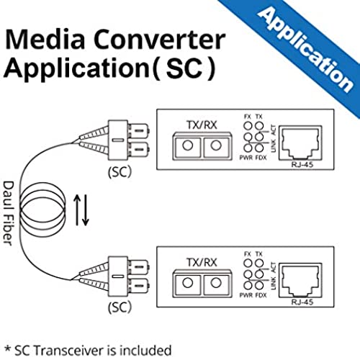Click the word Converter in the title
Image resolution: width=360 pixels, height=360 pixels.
tap(159, 40)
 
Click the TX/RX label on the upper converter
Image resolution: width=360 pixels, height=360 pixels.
tap(202, 125)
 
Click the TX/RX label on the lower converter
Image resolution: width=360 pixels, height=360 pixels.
tap(202, 262)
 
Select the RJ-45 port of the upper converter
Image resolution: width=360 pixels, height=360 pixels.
tap(300, 143)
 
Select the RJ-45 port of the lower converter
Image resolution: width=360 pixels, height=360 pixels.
tap(300, 280)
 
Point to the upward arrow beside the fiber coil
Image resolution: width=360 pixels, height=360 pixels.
tap(77, 210)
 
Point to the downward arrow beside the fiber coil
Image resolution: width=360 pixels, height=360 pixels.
tap(86, 210)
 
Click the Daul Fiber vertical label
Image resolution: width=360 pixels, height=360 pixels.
tap(9, 213)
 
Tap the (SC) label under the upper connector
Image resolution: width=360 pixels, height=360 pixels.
tap(120, 171)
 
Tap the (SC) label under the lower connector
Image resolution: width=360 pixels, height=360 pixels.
tap(120, 307)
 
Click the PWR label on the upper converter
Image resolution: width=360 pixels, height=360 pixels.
tap(246, 158)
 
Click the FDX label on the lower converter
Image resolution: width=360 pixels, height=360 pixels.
tap(261, 295)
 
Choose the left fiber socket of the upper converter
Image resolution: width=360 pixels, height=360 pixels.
tap(187, 145)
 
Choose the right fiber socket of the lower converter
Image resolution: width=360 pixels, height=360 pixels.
tap(216, 283)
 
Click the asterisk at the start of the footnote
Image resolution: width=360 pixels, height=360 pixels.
tap(7, 348)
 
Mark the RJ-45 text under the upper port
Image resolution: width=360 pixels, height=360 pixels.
tap(302, 165)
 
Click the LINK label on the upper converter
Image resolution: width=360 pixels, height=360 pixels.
tap(274, 145)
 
